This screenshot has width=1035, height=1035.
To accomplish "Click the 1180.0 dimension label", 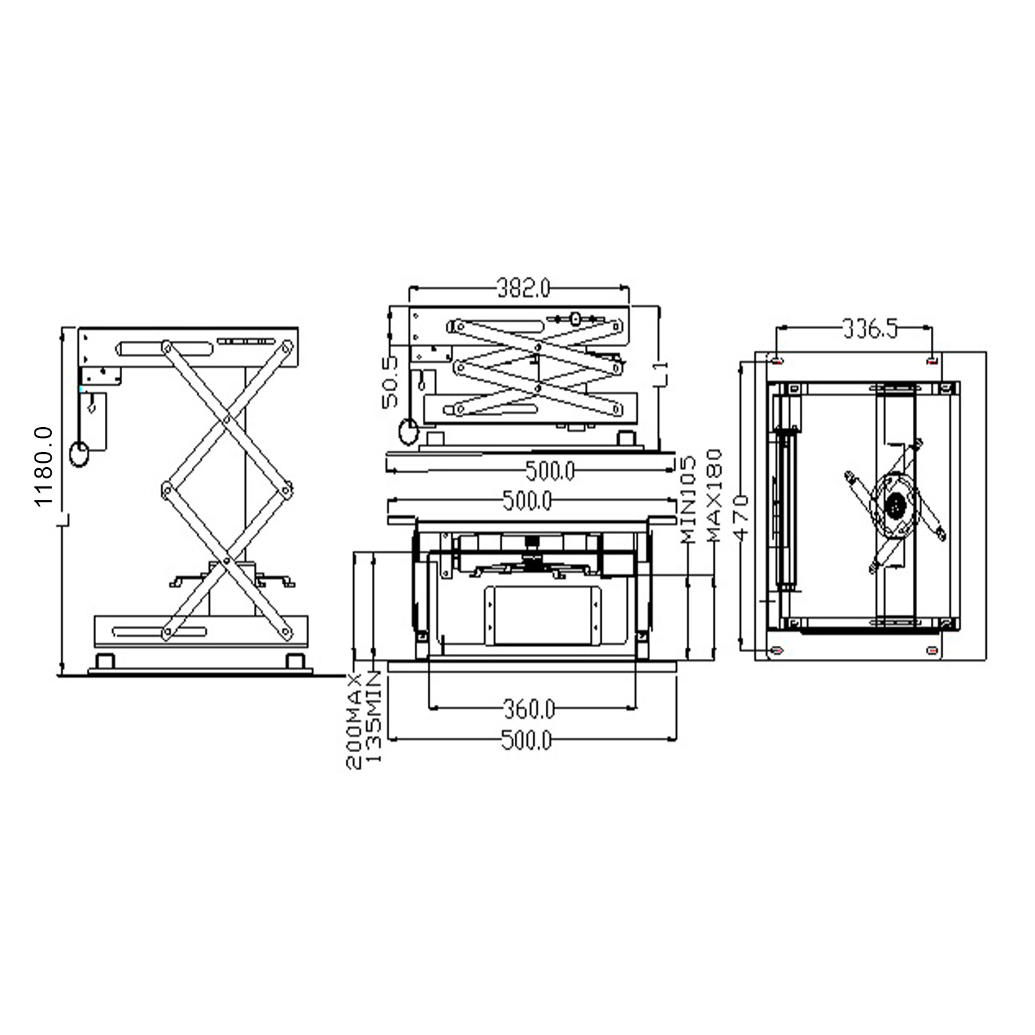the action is (x=43, y=466).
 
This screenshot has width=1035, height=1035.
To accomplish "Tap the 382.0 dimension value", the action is (x=524, y=288).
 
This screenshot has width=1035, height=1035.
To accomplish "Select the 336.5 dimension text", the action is (x=870, y=329).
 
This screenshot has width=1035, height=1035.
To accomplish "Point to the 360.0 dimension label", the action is (x=529, y=708).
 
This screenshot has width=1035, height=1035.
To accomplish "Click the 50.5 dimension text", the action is (x=391, y=382).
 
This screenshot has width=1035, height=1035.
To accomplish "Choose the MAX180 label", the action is (x=713, y=495).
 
